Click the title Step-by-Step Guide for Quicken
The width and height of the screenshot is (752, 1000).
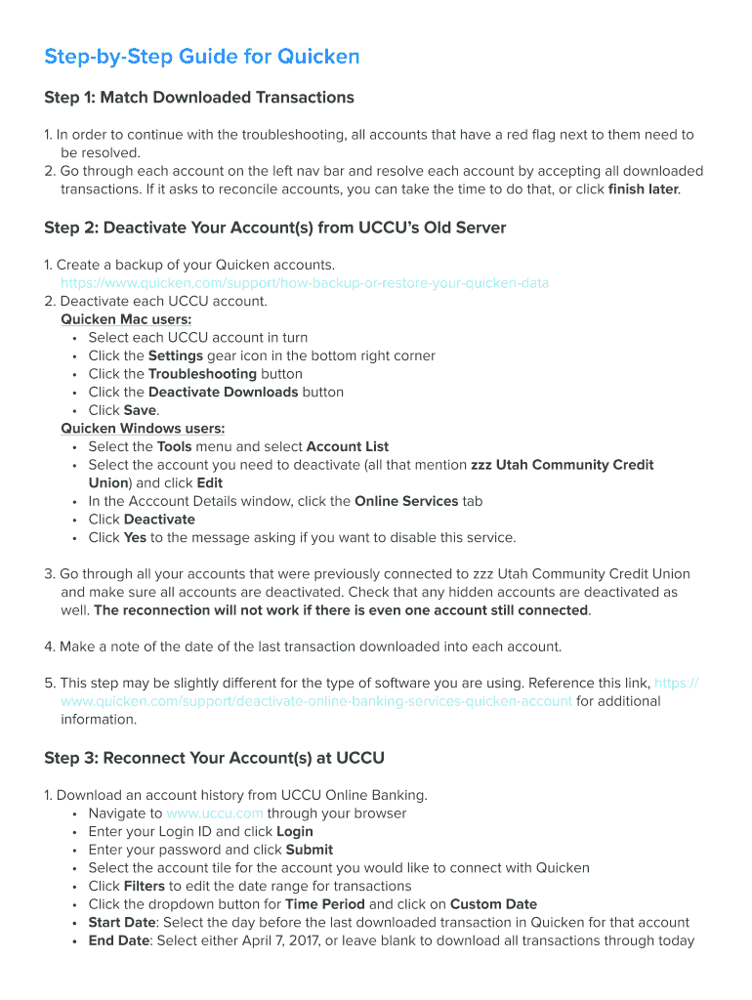201,57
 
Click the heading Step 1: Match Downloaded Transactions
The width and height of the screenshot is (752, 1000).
199,98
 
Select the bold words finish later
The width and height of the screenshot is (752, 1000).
643,189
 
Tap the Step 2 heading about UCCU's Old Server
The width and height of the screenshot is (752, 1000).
274,229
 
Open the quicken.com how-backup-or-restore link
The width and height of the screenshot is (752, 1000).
305,283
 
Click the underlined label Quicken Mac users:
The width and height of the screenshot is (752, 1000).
126,319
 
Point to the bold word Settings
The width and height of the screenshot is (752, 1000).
175,356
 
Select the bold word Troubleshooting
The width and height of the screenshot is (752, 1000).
202,374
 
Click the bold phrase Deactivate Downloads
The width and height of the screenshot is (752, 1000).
223,393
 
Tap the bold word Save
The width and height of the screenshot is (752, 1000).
140,410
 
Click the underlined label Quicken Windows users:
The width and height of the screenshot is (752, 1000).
143,429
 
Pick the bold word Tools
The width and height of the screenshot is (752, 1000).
174,447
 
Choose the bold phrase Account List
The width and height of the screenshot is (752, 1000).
348,447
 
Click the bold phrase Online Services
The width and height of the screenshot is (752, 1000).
406,502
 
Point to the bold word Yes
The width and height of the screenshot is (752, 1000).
135,538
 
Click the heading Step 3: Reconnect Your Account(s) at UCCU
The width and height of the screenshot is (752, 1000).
214,759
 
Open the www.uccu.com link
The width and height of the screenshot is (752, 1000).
214,813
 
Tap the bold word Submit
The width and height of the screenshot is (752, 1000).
310,851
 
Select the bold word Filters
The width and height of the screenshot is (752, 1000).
144,887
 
